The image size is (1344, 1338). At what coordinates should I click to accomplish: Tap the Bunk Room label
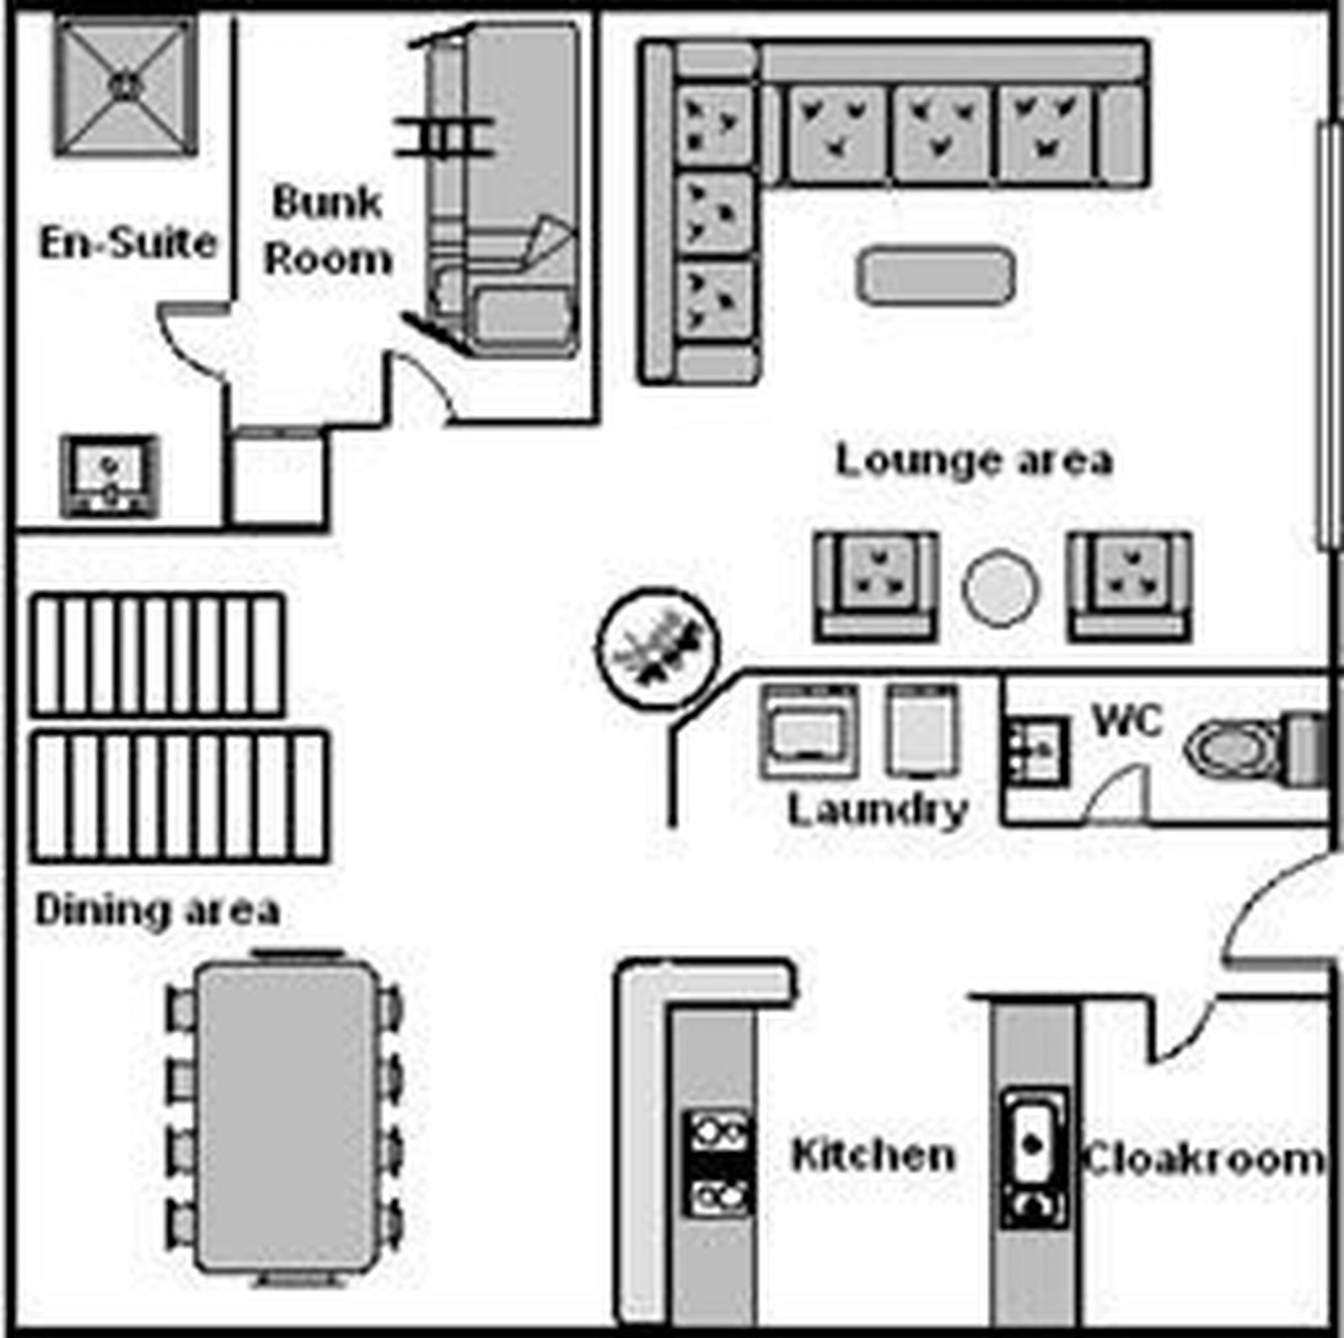click(x=328, y=231)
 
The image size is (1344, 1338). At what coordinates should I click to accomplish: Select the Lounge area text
click(x=974, y=460)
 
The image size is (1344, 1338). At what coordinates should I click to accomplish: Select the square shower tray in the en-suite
click(x=126, y=85)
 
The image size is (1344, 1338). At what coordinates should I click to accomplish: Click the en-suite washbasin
click(x=109, y=477)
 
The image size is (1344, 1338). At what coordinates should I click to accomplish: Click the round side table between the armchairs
click(x=1001, y=588)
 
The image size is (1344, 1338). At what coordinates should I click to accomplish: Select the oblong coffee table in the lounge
click(x=936, y=276)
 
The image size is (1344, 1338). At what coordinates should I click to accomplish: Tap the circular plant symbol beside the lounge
click(x=657, y=647)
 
